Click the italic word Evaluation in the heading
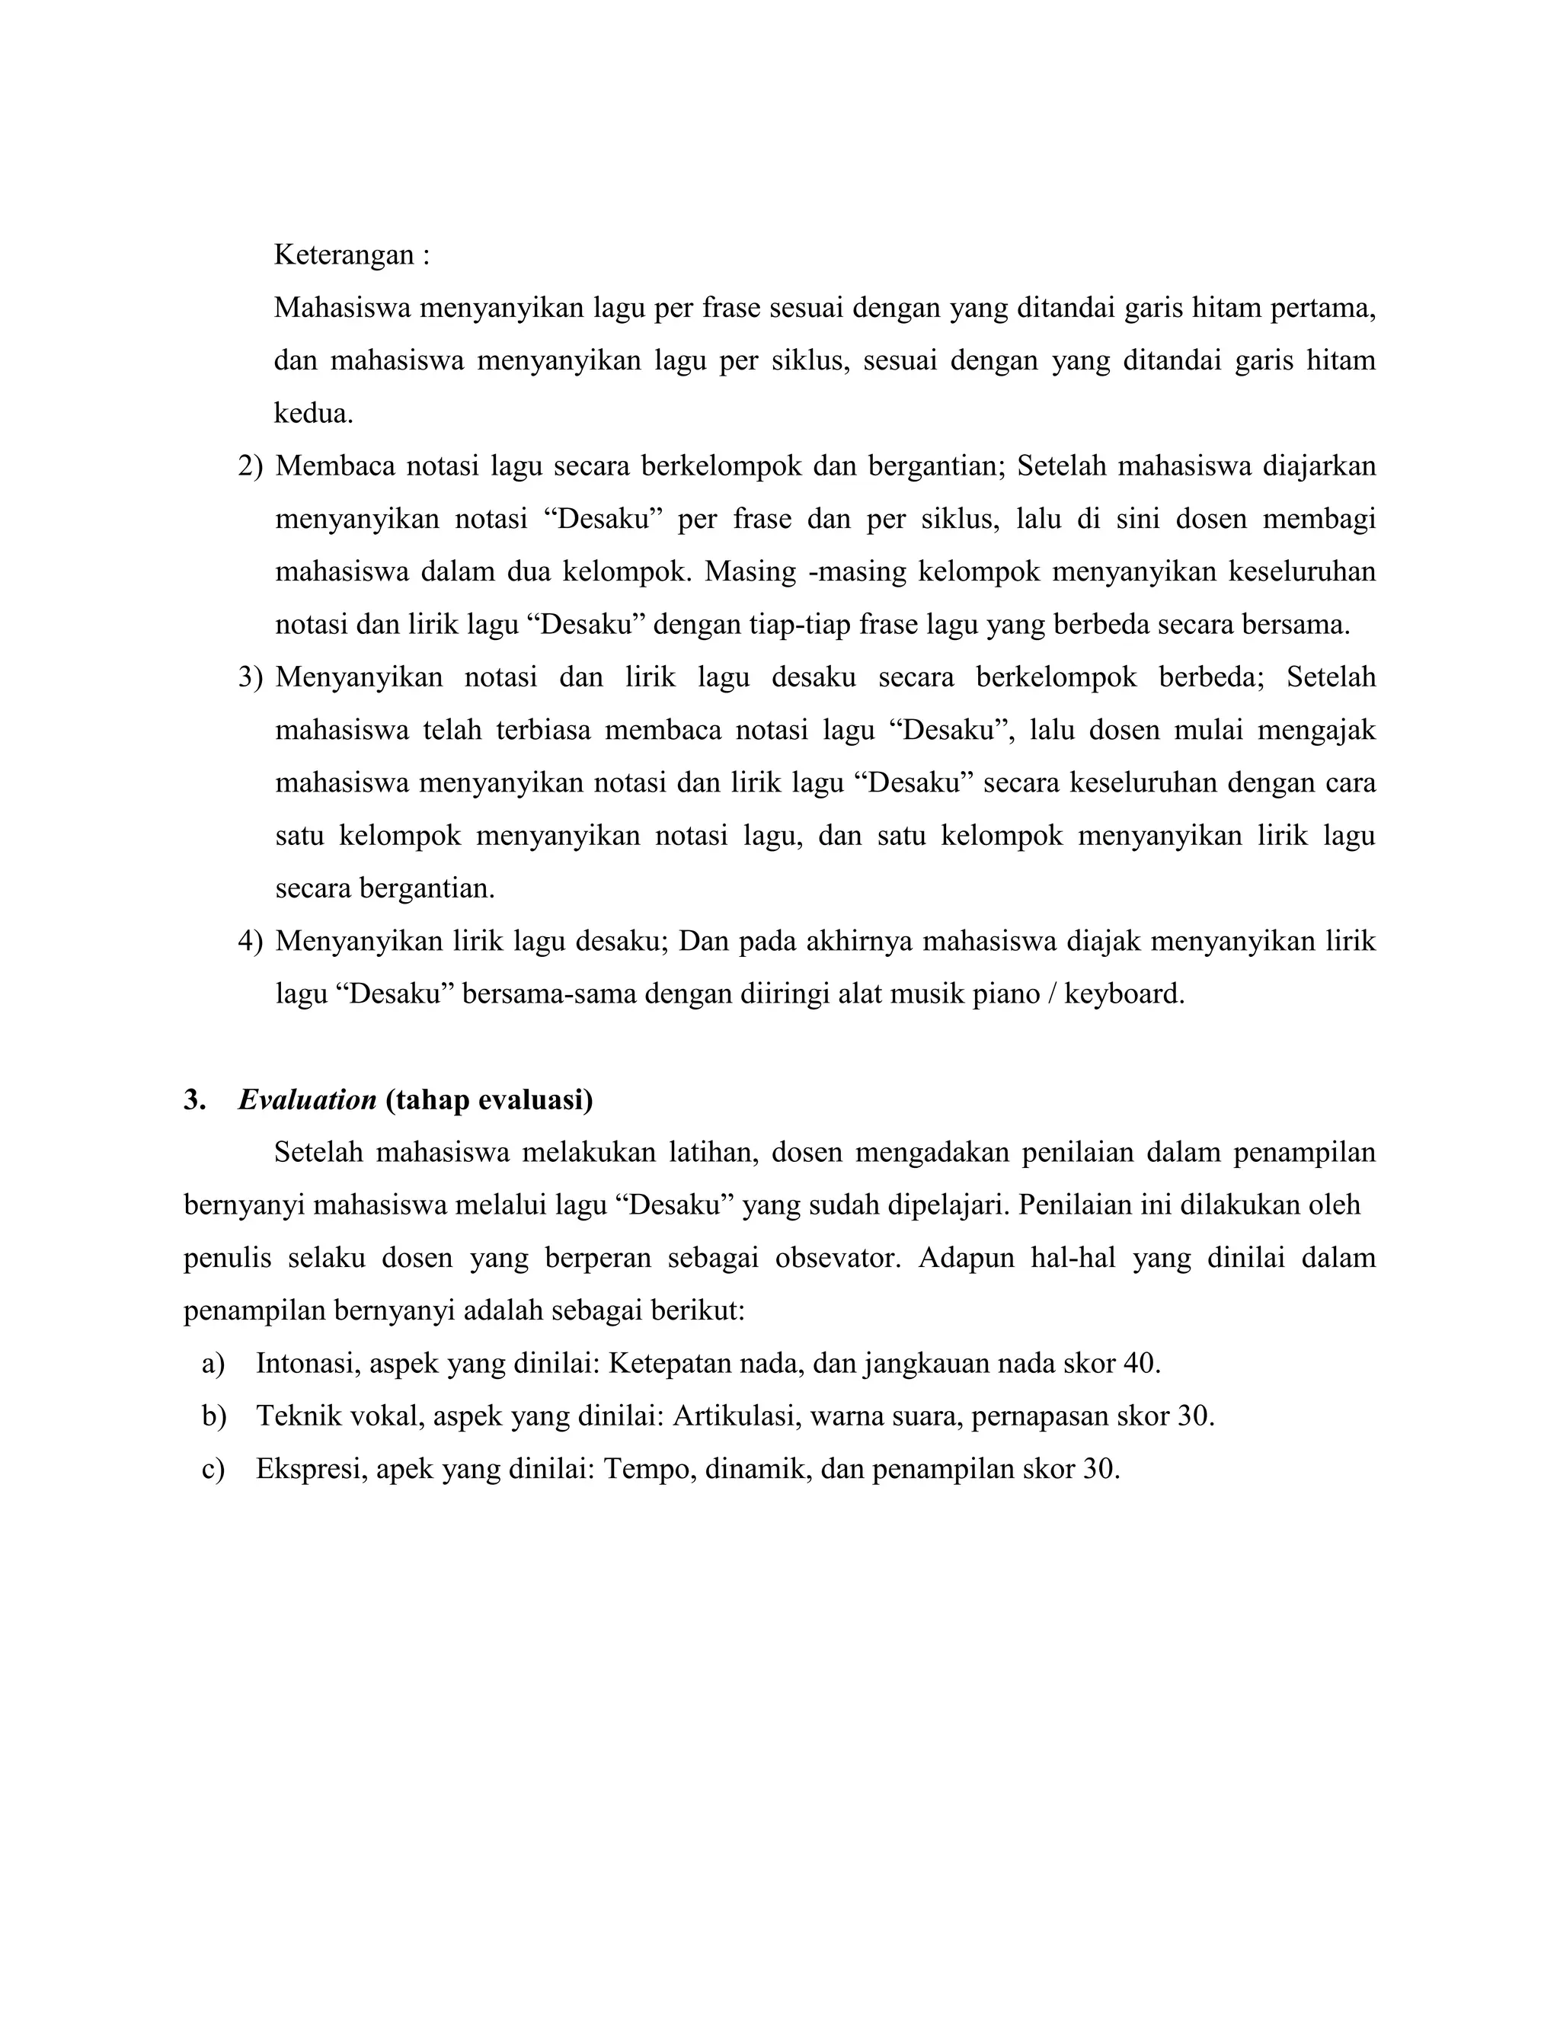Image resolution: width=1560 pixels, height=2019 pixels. click(307, 1100)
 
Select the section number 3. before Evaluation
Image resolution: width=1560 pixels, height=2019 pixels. click(194, 1100)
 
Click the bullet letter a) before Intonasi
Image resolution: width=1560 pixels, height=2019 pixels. click(213, 1364)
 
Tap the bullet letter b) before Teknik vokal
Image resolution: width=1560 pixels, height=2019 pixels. click(213, 1416)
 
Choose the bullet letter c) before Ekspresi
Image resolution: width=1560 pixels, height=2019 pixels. click(213, 1469)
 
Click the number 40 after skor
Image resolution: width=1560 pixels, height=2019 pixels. click(1140, 1364)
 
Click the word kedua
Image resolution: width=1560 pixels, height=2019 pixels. click(313, 413)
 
